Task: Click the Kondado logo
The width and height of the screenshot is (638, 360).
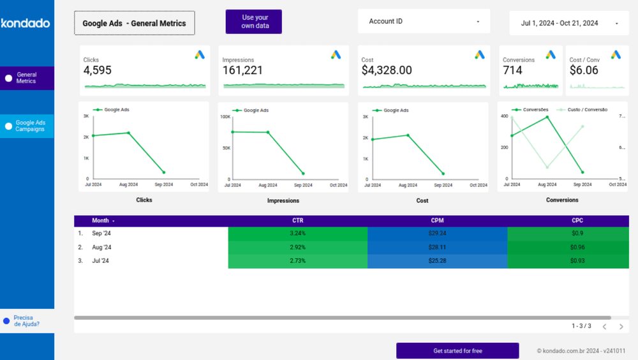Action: point(26,24)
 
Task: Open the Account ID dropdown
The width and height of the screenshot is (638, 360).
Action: point(424,21)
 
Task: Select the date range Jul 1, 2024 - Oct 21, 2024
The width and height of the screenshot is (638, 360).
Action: point(568,23)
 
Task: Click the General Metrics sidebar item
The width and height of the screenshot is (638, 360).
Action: point(27,78)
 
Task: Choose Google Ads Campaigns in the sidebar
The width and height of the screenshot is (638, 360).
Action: point(29,126)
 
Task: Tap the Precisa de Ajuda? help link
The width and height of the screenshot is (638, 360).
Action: point(26,320)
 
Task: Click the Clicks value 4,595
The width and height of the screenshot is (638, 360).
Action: point(98,70)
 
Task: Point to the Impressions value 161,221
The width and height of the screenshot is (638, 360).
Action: point(242,70)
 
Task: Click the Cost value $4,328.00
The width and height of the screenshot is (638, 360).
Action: point(387,70)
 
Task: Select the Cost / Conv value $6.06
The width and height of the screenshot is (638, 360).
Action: point(584,70)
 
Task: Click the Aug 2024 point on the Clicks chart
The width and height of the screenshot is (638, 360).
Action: point(129,133)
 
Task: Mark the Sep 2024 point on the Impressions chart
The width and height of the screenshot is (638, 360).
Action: point(303,174)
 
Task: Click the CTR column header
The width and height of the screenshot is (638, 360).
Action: point(297,221)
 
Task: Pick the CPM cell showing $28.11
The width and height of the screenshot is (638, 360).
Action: point(437,247)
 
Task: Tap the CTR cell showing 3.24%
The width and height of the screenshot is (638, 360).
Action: point(297,234)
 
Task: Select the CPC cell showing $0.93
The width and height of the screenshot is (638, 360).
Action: point(577,260)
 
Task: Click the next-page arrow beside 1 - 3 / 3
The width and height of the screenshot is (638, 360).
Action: point(621,326)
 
